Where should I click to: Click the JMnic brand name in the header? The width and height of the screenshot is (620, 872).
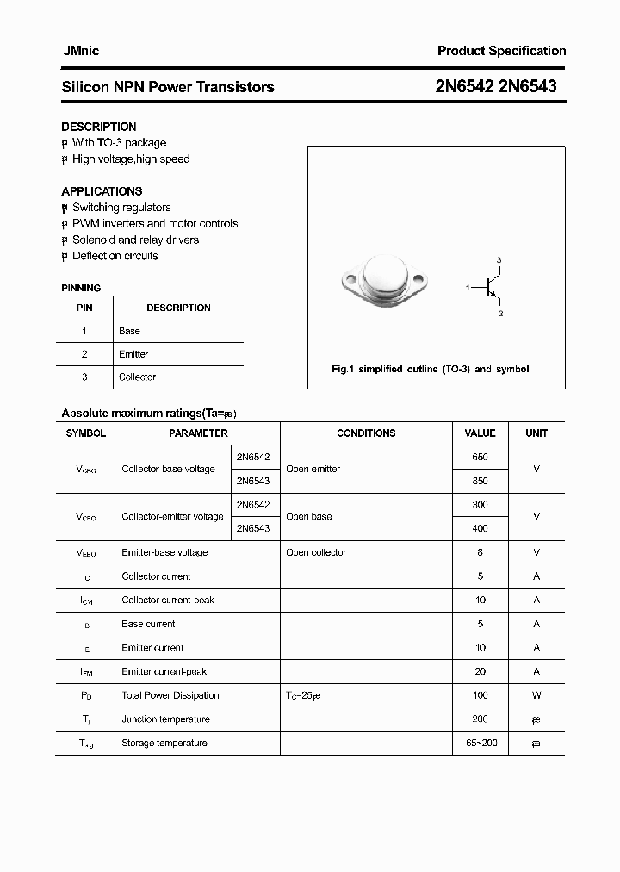point(80,51)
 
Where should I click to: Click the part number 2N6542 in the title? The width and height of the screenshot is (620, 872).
point(466,86)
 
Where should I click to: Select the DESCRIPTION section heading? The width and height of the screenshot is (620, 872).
point(98,127)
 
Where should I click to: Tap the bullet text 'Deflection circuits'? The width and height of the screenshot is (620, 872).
point(115,256)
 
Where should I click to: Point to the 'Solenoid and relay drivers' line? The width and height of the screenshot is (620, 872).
point(135,240)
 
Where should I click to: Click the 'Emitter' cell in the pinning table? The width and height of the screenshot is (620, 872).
point(133,354)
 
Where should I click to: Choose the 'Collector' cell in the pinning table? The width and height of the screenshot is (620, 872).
point(137,377)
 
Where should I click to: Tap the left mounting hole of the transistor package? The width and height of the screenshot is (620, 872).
point(350,279)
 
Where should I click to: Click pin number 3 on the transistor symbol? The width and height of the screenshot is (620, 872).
point(499,260)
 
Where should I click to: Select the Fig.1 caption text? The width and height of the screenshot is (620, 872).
point(430,369)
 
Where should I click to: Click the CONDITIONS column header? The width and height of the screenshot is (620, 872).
point(366,433)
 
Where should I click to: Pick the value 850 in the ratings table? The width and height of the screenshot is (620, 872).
point(480,481)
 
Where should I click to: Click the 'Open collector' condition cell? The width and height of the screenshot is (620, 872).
point(316,552)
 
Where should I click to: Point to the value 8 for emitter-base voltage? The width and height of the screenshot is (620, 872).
point(480,552)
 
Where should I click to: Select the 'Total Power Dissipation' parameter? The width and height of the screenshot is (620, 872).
point(170,695)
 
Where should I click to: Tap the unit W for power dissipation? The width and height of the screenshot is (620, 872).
point(536,695)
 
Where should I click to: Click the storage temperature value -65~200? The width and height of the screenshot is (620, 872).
point(480,743)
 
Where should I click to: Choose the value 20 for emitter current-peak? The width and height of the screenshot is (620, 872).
point(480,671)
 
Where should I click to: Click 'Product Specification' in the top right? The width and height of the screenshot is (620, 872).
point(501,51)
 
